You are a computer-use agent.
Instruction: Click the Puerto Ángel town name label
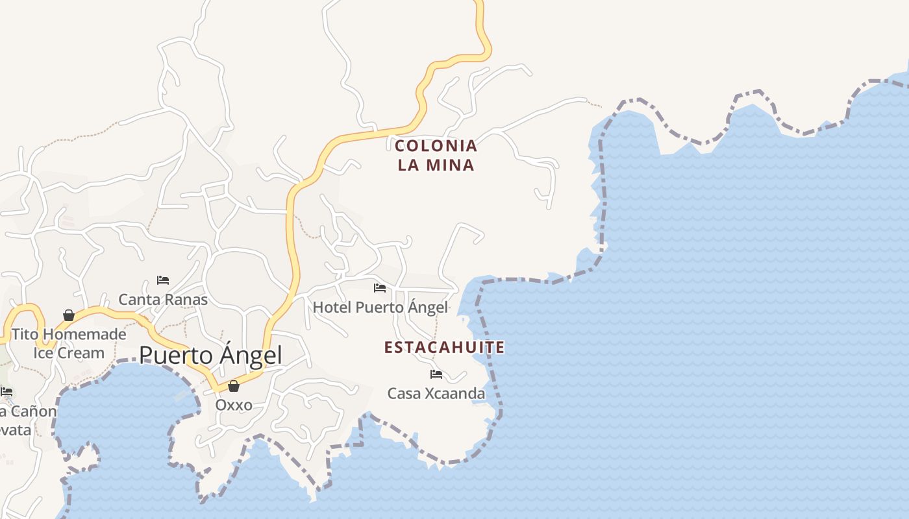click(x=210, y=356)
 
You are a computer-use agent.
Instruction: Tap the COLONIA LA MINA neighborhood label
click(x=436, y=155)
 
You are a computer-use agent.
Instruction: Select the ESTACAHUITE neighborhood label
click(x=444, y=348)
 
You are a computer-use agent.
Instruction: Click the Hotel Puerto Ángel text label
click(x=380, y=307)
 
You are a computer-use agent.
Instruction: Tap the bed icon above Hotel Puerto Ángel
click(x=380, y=287)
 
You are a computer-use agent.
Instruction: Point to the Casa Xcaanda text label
click(x=436, y=393)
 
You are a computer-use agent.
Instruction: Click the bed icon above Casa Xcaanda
click(x=436, y=374)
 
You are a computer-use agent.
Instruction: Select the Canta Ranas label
click(x=163, y=299)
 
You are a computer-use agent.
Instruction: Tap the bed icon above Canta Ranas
click(x=163, y=280)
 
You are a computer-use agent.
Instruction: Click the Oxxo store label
click(x=234, y=405)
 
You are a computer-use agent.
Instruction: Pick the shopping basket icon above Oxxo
click(x=234, y=386)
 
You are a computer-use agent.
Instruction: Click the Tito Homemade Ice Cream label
click(x=69, y=344)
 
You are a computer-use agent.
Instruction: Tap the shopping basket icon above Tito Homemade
click(x=69, y=315)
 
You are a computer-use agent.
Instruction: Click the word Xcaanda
click(x=454, y=393)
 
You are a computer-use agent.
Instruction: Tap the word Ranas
click(x=186, y=299)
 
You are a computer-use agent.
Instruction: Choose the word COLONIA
click(x=436, y=146)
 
